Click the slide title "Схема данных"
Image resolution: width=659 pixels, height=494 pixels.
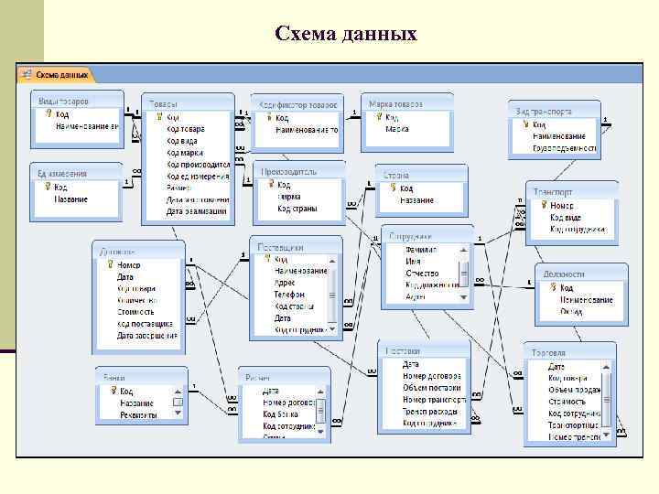[x=345, y=35]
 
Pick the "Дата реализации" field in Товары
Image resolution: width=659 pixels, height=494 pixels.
[x=196, y=211]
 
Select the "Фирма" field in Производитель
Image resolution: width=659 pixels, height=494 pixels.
[x=290, y=197]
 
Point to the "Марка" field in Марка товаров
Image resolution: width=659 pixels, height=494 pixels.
[x=396, y=129]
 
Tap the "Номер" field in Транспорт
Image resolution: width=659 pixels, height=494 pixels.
[x=562, y=207]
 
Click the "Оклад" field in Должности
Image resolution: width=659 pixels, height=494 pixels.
[x=571, y=312]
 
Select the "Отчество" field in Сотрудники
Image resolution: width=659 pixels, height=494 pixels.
[x=422, y=273]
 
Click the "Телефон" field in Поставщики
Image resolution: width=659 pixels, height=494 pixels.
[x=290, y=295]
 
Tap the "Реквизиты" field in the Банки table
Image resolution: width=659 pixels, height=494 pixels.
[x=138, y=414]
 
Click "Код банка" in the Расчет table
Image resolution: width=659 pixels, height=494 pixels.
[x=280, y=414]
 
